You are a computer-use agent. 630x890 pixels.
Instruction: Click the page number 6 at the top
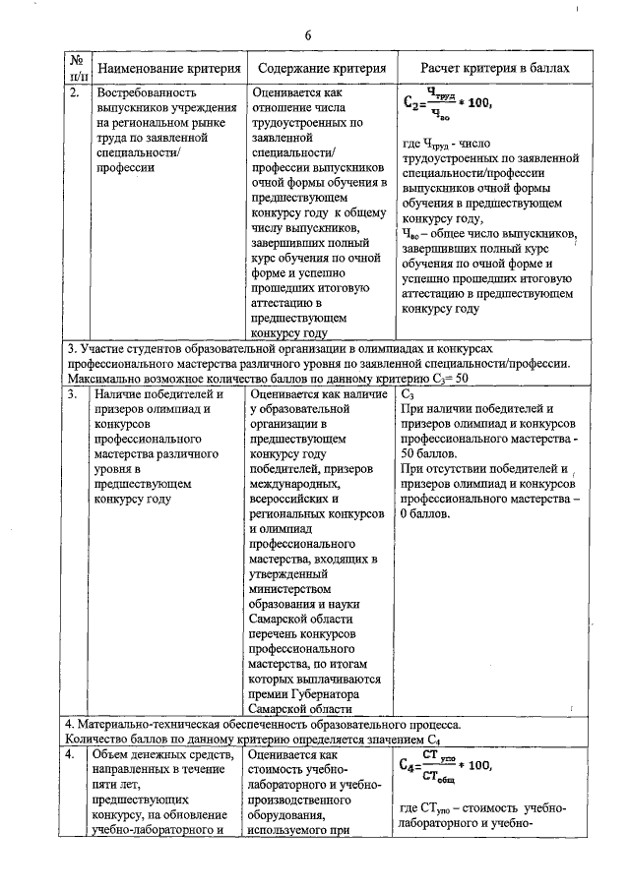point(308,35)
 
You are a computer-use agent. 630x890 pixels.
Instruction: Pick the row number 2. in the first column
point(74,93)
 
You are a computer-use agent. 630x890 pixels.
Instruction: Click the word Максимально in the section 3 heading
point(104,378)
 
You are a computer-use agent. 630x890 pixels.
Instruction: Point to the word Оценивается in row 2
point(289,93)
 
